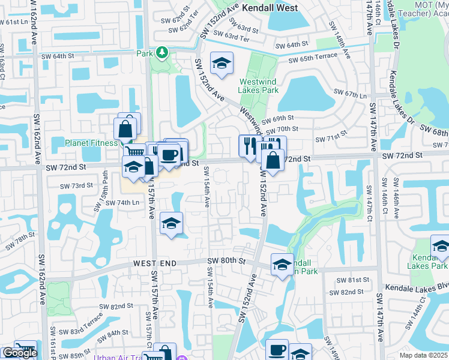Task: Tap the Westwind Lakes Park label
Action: pos(259,86)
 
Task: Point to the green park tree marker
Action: pos(162,53)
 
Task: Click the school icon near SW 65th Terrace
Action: pos(221,63)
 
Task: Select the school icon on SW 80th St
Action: pos(282,265)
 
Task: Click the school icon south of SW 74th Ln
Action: pos(172,223)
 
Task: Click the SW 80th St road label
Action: pos(227,260)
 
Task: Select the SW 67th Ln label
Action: pos(352,95)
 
